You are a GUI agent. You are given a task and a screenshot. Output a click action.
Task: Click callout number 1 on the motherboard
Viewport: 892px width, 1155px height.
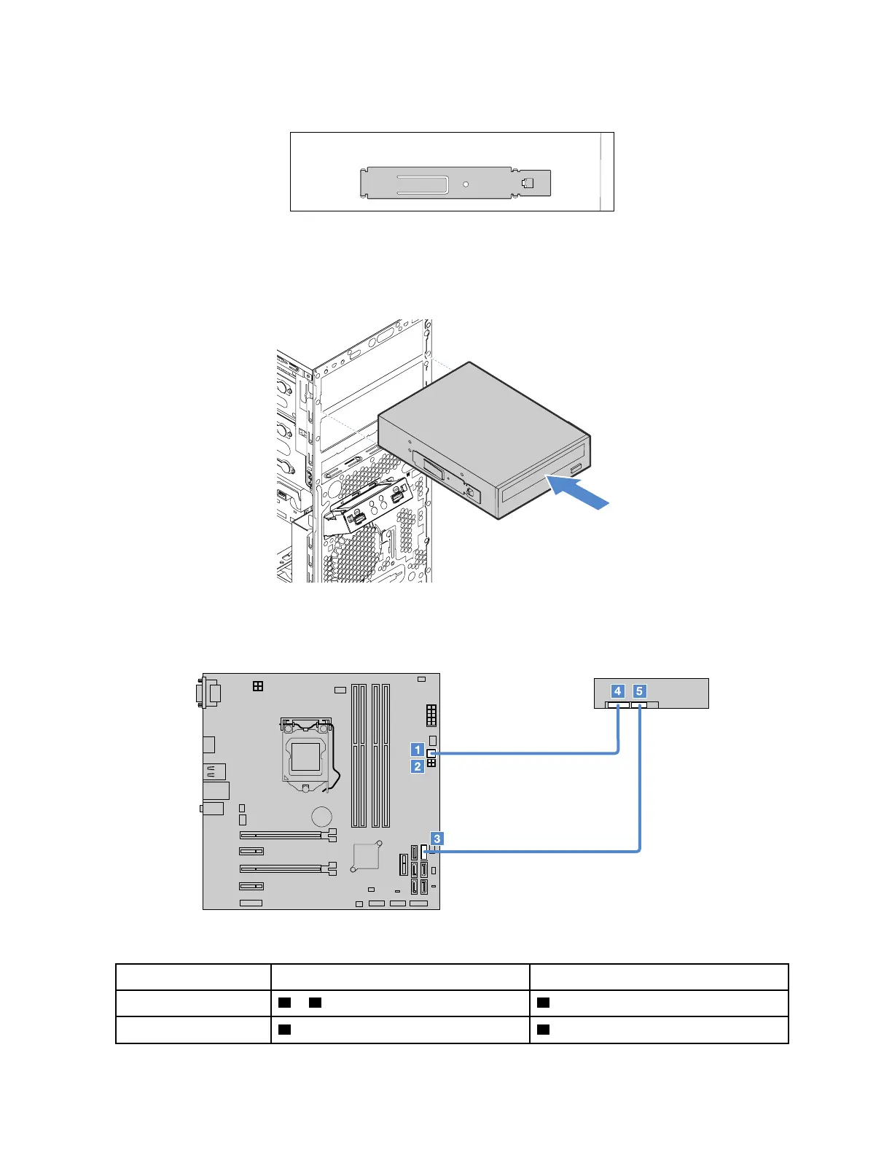click(x=418, y=750)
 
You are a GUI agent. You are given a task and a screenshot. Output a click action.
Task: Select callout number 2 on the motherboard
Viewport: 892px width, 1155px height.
click(x=418, y=766)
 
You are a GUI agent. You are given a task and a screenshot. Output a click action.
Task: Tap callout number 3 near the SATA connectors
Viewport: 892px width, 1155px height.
click(x=437, y=839)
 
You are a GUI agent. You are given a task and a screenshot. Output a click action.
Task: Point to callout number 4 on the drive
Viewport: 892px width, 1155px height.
click(x=618, y=691)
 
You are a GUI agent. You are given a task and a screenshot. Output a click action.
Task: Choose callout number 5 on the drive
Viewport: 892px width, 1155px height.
click(x=639, y=691)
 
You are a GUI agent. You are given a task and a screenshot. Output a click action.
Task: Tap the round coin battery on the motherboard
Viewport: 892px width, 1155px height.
click(x=321, y=817)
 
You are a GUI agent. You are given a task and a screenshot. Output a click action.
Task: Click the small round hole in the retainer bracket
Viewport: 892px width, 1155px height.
click(x=466, y=184)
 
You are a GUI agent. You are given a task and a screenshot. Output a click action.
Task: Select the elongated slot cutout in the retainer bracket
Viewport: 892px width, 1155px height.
click(x=422, y=184)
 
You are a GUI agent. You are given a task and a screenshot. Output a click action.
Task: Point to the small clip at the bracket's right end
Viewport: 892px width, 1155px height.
click(x=528, y=182)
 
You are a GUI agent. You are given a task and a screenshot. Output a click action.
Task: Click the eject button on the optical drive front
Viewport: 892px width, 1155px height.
click(x=576, y=467)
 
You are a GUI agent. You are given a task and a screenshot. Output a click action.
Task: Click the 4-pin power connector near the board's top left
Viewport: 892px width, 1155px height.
click(x=257, y=686)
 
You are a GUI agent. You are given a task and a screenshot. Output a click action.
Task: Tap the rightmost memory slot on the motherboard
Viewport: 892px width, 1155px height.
click(x=386, y=755)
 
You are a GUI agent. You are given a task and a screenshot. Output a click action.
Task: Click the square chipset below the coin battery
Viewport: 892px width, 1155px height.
click(x=365, y=857)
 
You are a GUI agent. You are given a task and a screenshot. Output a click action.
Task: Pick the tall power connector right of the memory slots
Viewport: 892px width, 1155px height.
click(x=431, y=715)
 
